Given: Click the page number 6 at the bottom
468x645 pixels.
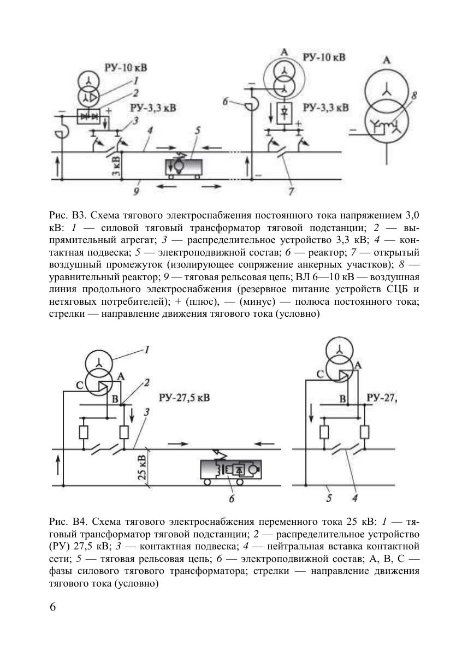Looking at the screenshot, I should (53, 608).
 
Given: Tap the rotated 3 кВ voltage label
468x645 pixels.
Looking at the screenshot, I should (116, 165).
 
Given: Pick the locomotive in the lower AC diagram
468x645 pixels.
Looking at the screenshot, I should (230, 470).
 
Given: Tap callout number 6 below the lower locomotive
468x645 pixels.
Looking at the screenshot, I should (231, 498).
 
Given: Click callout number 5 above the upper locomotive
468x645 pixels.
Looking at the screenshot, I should (198, 131).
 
